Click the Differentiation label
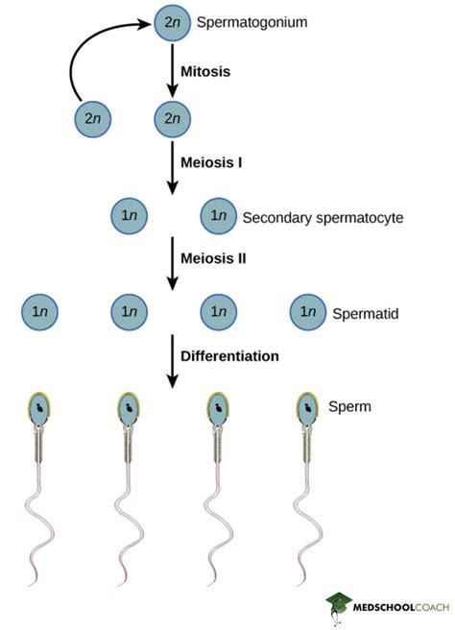[230, 355]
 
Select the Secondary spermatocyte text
[323, 217]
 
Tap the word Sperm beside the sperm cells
[349, 407]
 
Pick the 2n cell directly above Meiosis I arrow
[173, 120]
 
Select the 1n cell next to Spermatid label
[307, 312]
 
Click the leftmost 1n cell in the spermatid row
[41, 312]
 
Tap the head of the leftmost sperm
[40, 408]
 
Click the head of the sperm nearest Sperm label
[307, 408]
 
